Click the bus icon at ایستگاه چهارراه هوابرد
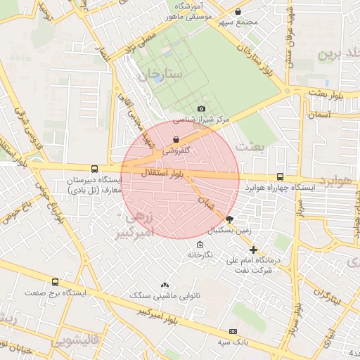(x=281, y=177)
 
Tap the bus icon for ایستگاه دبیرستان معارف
(x=94, y=169)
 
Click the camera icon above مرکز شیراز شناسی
(x=202, y=108)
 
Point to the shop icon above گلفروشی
(x=175, y=140)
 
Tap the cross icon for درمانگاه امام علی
(x=253, y=250)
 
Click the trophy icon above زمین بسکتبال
(x=229, y=219)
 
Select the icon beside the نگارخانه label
(x=200, y=245)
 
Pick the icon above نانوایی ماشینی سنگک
(x=165, y=285)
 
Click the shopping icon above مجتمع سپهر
(x=238, y=12)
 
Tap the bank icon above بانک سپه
(x=233, y=330)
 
